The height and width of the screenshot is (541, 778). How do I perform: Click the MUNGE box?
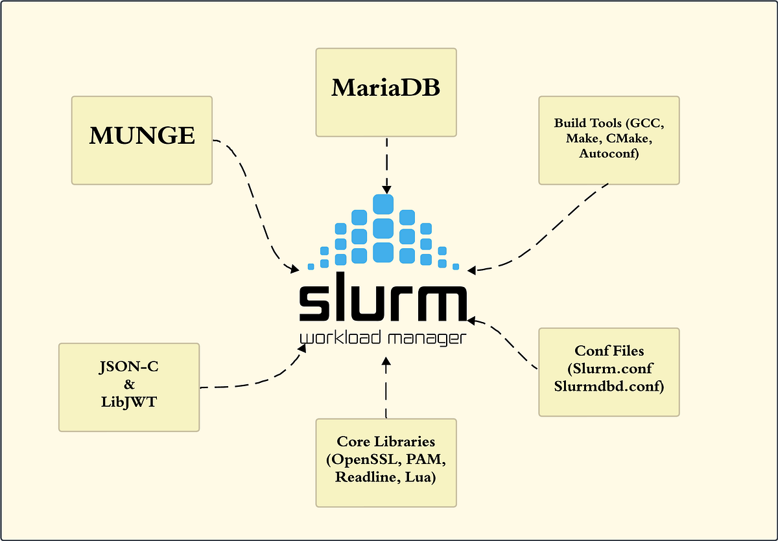pos(141,139)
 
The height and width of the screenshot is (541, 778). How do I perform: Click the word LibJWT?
pos(128,402)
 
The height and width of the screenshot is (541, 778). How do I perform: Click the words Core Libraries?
pos(386,442)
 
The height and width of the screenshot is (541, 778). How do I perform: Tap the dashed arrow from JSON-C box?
pos(253,382)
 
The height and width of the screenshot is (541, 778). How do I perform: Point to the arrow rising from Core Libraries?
pos(386,389)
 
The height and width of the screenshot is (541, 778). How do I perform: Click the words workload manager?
pos(383,339)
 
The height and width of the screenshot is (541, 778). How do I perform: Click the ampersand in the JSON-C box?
pos(128,386)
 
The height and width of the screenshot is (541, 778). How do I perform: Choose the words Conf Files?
pos(609,351)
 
